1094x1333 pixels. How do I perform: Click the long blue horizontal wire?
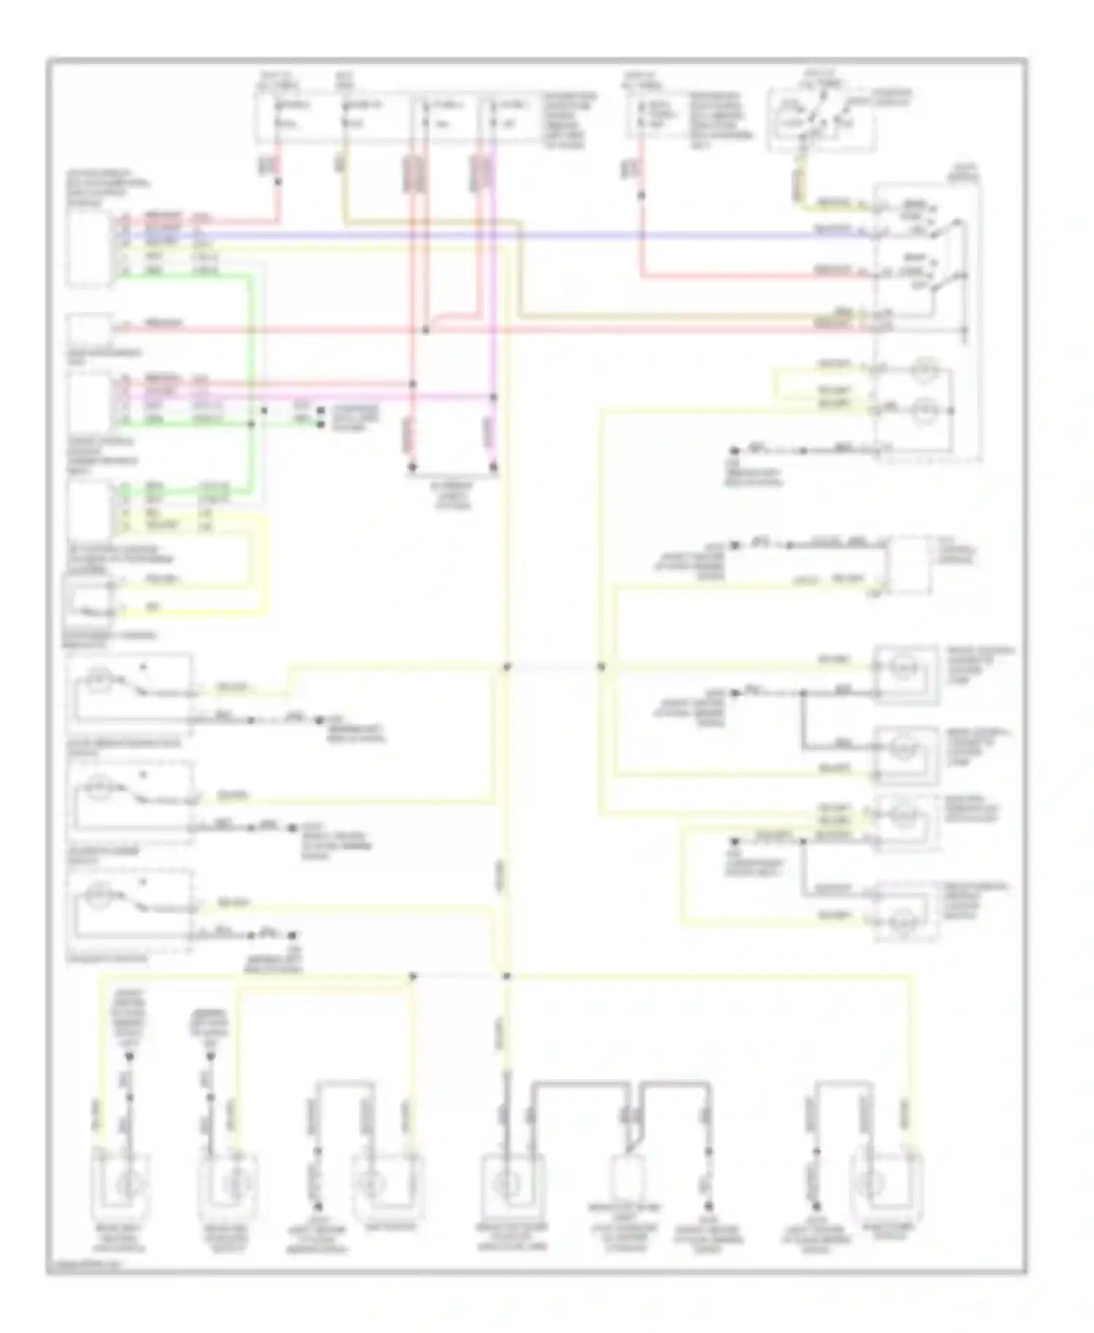(511, 236)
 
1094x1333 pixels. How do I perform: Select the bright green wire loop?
(252, 350)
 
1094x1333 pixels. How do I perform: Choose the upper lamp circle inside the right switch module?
(925, 371)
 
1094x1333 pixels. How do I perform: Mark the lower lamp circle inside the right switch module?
(925, 410)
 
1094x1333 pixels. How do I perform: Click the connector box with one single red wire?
(88, 329)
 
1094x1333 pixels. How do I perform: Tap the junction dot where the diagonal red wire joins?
(426, 330)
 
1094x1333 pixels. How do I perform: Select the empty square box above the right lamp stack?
(909, 564)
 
